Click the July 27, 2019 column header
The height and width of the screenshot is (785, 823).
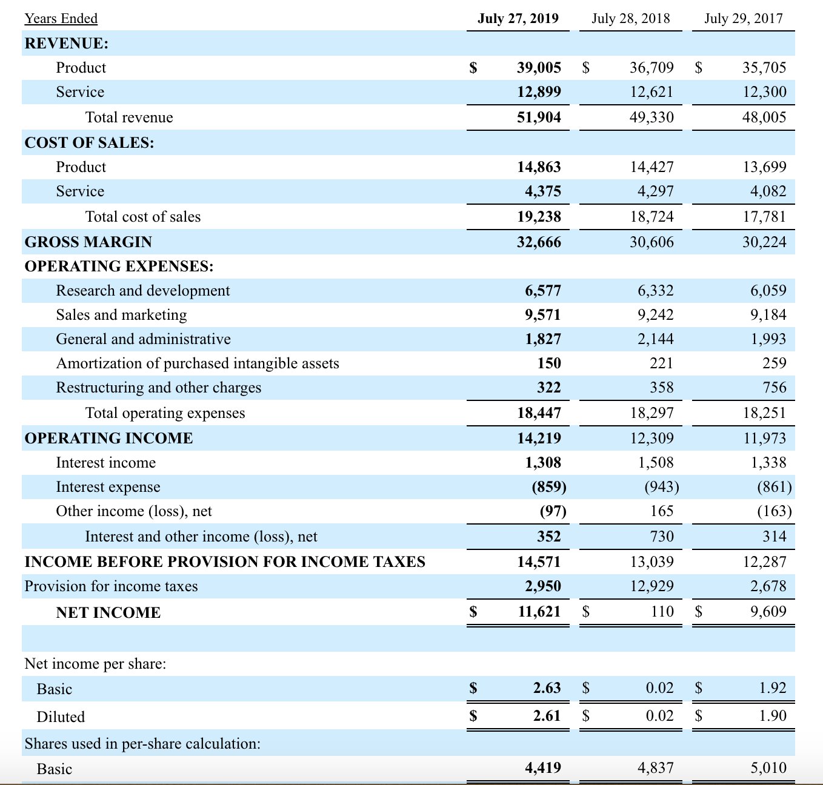pos(518,18)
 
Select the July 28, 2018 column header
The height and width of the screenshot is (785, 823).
pos(630,18)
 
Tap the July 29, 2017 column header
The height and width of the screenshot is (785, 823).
pos(743,18)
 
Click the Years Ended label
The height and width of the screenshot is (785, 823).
pos(61,18)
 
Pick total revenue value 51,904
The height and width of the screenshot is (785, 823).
pos(539,117)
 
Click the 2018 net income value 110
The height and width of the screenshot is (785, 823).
pos(662,611)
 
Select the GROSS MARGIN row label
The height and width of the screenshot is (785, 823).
pos(88,242)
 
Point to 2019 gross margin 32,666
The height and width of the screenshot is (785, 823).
pos(539,242)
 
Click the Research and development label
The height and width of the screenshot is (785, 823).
pos(143,290)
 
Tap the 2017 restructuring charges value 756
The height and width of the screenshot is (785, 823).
pos(775,387)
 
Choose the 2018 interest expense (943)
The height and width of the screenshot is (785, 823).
pos(662,486)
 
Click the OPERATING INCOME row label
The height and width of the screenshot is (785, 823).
pos(109,438)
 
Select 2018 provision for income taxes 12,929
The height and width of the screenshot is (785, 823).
pos(651,586)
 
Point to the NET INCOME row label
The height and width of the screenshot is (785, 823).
pos(108,612)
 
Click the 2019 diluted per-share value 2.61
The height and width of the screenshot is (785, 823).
pos(547,715)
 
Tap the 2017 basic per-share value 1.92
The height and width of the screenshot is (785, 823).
pos(773,687)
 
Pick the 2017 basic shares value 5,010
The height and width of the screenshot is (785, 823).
pos(768,767)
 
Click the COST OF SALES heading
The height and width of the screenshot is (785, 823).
pos(89,143)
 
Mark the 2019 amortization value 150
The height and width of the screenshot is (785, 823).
pos(549,363)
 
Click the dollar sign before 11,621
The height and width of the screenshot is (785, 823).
pos(473,612)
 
